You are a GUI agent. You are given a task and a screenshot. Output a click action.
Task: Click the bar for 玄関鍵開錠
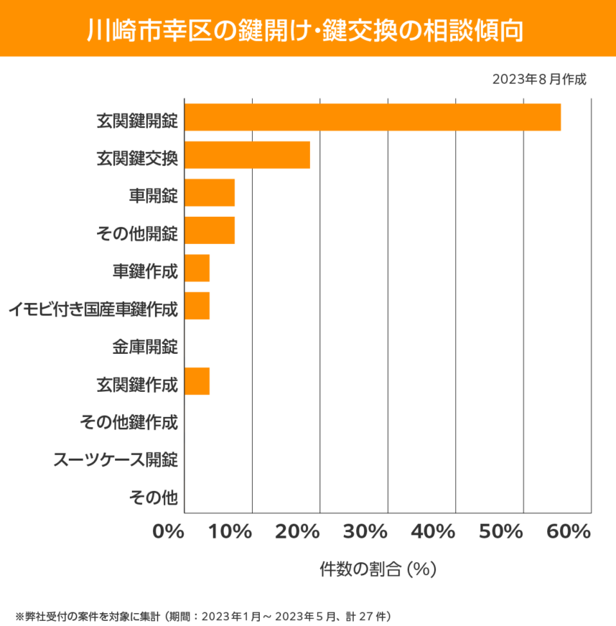[x=373, y=117]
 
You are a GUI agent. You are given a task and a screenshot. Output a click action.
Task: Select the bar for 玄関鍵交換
[x=247, y=155]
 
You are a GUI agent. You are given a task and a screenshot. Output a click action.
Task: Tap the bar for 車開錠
[x=210, y=193]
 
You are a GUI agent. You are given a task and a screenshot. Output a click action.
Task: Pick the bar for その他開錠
[x=210, y=230]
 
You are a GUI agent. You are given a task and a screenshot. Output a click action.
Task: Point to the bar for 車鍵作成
[x=197, y=268]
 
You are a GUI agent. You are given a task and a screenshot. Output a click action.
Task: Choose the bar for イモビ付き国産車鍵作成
[x=197, y=306]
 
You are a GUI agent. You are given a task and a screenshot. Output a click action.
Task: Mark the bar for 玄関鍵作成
[x=197, y=381]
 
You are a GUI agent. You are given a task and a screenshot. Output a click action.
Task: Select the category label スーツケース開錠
[x=116, y=459]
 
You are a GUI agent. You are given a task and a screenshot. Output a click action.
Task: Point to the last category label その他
[x=153, y=496]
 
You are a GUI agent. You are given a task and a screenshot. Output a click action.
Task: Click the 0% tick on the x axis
[x=169, y=532]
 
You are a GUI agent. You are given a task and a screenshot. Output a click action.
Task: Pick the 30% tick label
[x=365, y=532]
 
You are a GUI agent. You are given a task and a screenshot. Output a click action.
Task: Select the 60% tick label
[x=569, y=532]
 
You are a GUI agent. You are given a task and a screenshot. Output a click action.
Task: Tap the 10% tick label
[x=230, y=532]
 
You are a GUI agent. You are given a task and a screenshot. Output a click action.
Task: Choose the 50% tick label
[x=501, y=532]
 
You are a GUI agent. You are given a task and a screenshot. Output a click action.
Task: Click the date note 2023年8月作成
[x=539, y=79]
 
